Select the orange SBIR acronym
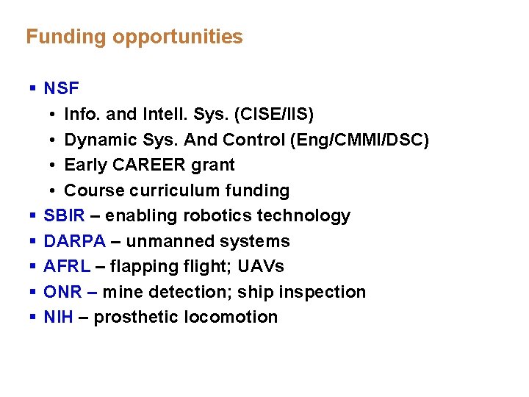(x=64, y=215)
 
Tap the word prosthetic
(x=132, y=317)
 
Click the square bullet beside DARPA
(x=33, y=241)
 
